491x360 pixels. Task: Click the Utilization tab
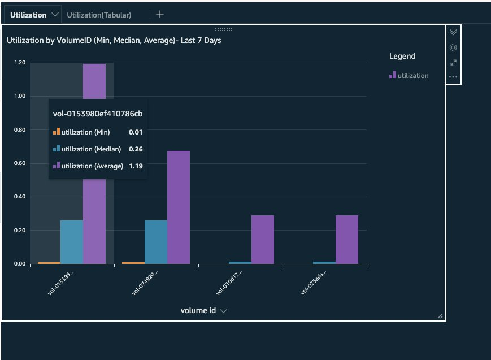28,15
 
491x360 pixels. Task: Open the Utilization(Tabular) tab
99,15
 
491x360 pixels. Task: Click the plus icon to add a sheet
160,15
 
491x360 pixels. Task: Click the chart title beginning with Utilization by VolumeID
114,41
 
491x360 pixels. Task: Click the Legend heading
402,56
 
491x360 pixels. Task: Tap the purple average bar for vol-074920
179,207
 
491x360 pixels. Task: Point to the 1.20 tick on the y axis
20,63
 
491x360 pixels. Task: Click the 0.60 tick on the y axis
20,163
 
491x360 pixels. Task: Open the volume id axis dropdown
223,311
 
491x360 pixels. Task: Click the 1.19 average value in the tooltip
135,166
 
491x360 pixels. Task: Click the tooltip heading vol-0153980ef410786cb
97,114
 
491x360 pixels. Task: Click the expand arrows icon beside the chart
453,63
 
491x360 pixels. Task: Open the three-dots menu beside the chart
453,77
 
